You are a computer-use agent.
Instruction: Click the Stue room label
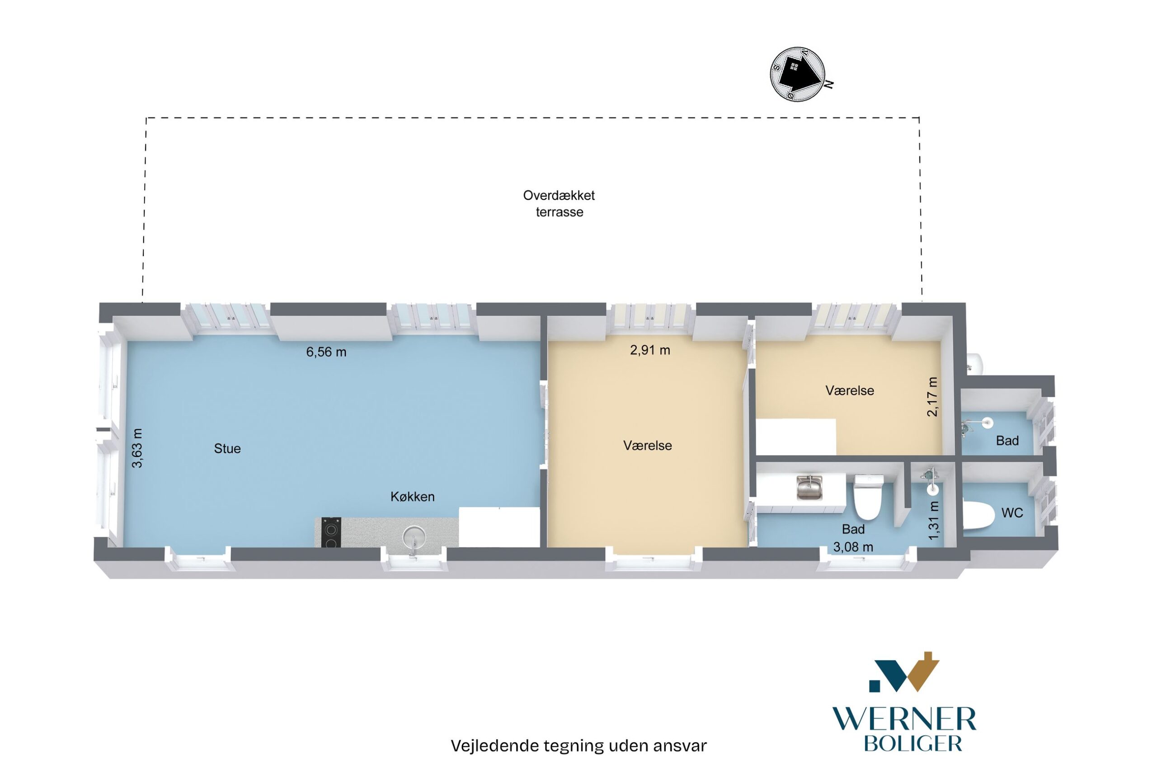coord(227,448)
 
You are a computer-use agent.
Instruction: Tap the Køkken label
coord(413,497)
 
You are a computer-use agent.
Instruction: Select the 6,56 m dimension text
coord(326,352)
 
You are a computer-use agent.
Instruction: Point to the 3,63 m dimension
coord(138,448)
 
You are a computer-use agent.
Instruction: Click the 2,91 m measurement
coord(650,350)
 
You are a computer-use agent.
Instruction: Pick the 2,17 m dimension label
coord(932,397)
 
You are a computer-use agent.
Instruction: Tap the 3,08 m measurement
coord(853,547)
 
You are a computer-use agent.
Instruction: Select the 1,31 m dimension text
coord(934,520)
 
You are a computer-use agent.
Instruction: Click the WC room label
coord(1012,513)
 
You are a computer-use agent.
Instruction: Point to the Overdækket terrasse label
coord(559,203)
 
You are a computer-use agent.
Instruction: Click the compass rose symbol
coord(798,74)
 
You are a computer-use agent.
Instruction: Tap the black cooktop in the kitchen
coord(331,532)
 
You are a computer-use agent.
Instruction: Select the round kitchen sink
coord(414,537)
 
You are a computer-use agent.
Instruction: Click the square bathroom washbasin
coord(809,488)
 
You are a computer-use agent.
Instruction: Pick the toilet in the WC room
coord(978,516)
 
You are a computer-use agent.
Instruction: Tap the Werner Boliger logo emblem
coord(904,672)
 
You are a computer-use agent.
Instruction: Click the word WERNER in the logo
coord(904,719)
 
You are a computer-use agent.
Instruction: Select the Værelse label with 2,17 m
coord(850,390)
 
